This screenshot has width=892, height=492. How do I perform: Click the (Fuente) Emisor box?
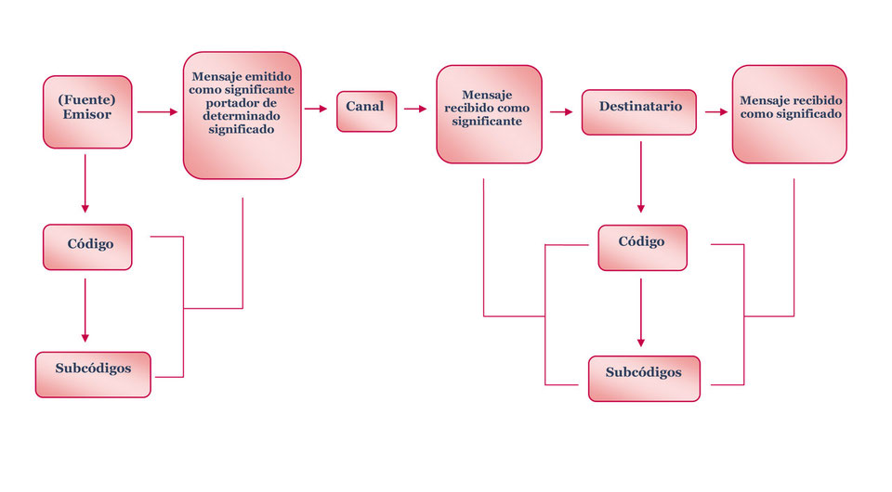[87, 111]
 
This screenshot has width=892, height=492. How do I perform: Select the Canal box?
[366, 110]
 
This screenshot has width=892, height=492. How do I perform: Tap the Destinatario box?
[639, 111]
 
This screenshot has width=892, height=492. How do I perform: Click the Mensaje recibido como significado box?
[789, 114]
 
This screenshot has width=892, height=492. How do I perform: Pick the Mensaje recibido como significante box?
[489, 114]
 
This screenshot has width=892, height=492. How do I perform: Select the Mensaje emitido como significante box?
[242, 115]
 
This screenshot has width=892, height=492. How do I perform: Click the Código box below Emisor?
[87, 247]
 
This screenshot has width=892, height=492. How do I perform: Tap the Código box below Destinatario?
[642, 247]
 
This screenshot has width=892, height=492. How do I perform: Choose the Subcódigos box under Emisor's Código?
[93, 373]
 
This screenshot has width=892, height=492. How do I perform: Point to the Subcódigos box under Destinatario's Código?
[644, 378]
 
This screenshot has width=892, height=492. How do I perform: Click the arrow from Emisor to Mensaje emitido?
[157, 112]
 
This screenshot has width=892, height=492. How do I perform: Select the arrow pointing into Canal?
[317, 109]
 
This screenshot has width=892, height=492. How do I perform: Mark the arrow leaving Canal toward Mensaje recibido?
[415, 109]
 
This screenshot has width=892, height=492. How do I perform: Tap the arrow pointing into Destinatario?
[561, 112]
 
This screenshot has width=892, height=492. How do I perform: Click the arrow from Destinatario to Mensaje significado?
[715, 112]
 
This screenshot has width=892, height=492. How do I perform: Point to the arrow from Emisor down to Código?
[85, 181]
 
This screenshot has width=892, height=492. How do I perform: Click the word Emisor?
[87, 115]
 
